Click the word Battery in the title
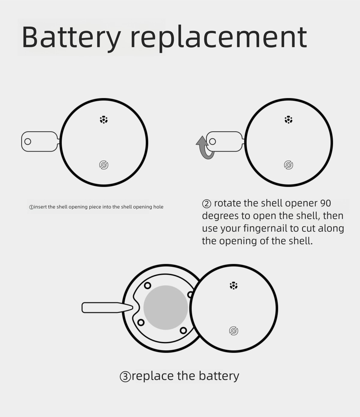71,37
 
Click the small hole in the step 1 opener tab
28,142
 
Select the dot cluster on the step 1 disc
104,120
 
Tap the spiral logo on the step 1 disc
104,165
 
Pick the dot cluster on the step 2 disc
289,120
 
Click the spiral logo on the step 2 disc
289,165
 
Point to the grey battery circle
166,308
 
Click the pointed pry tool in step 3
107,308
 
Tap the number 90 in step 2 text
325,203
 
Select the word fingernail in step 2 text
265,229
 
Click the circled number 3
125,376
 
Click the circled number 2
207,204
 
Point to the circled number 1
31,207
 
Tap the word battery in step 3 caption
219,376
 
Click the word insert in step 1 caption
40,207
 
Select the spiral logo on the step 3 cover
234,331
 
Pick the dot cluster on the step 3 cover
234,286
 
